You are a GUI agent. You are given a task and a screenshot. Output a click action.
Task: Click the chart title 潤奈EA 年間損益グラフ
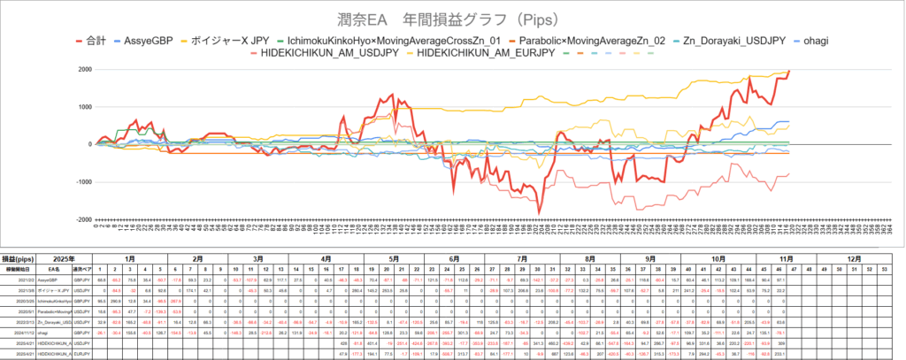tap(452, 19)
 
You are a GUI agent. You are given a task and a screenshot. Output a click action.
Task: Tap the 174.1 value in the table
tap(190, 289)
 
